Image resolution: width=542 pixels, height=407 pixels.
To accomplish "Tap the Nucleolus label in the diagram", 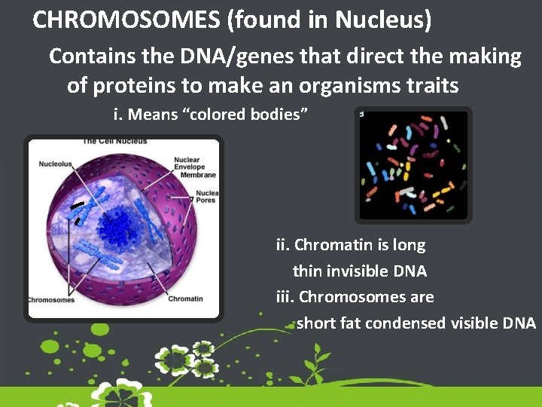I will pos(56,162).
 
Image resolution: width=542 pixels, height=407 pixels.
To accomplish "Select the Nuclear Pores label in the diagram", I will pos(205,196).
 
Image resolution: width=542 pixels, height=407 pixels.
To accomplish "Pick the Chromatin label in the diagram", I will pos(185,298).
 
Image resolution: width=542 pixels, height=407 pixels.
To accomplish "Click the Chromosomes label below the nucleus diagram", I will pos(51,299).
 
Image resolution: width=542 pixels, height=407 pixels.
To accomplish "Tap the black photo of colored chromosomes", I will pos(413,165).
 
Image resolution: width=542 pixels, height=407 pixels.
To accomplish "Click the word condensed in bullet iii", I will pos(408,323).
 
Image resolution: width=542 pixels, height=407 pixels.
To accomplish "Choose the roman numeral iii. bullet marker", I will pos(285,297).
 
